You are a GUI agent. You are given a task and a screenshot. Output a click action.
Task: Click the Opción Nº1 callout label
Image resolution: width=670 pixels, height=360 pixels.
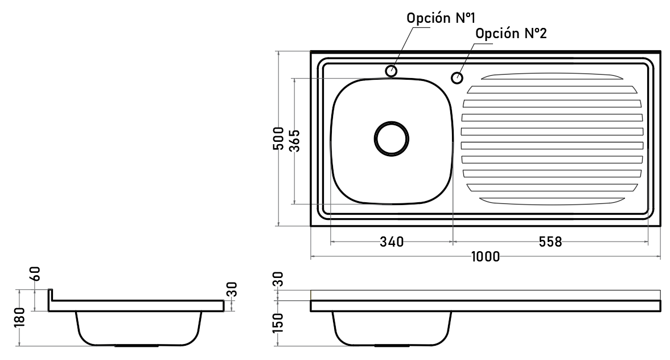pos(441,18)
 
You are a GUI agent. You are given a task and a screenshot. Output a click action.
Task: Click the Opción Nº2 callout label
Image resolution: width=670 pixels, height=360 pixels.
pos(511,34)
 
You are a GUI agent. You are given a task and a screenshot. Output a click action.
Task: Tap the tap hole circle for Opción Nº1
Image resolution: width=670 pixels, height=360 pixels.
pos(391,71)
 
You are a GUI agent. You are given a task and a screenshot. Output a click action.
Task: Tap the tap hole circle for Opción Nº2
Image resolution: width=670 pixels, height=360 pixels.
pos(457,78)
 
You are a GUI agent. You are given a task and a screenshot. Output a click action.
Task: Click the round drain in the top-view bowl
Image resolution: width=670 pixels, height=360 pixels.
pos(392,138)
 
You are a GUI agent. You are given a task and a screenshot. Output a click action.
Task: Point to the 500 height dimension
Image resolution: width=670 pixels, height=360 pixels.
pos(278,138)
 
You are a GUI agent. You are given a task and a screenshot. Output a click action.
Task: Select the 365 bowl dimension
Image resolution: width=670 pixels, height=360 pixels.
pos(295,141)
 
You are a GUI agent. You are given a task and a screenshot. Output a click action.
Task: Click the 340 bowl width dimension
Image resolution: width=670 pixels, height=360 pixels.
pos(392,242)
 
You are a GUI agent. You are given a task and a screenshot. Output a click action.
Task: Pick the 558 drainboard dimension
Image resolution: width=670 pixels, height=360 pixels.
pos(550,242)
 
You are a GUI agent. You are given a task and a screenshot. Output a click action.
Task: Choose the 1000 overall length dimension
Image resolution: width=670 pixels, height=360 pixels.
pos(486,256)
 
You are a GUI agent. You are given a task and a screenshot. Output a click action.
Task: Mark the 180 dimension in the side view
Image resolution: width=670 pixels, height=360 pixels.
pos(20,317)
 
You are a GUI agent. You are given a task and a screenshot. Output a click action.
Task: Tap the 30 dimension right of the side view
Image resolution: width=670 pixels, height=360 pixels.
pos(232,289)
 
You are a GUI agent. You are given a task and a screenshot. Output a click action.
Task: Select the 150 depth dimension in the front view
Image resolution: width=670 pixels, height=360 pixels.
pos(278,323)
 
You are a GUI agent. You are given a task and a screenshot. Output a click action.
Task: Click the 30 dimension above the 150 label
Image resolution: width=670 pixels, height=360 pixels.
pos(278,279)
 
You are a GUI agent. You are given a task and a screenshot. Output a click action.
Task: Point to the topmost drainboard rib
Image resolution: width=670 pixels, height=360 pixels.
pos(552,76)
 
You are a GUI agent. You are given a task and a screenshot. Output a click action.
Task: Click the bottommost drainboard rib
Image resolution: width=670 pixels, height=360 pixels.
pos(552,201)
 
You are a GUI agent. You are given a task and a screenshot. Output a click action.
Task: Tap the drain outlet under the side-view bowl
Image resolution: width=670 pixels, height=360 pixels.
pos(138,345)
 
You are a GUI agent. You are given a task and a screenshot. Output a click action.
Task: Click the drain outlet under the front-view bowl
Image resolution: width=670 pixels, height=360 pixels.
pos(392,345)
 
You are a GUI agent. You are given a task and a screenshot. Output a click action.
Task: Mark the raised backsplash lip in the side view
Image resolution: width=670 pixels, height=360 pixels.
pos(50,295)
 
